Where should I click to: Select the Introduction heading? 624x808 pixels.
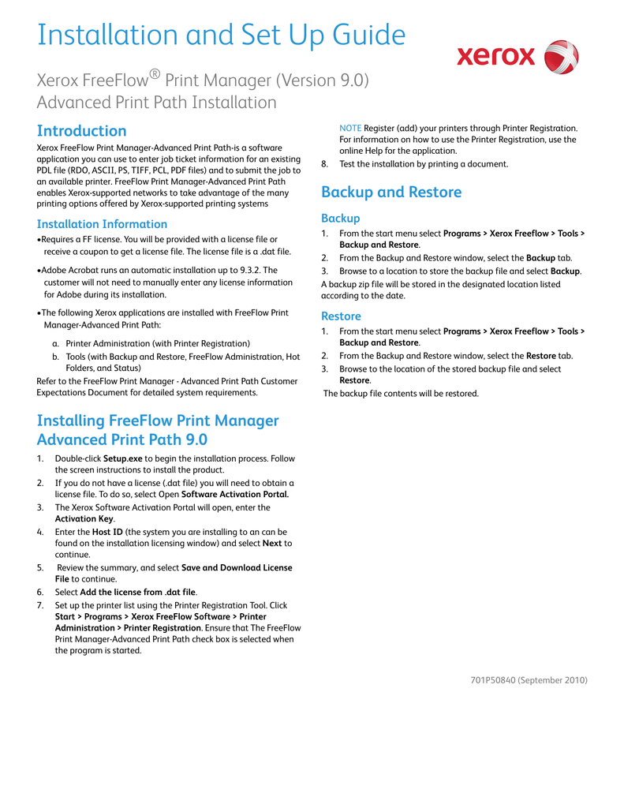(82, 131)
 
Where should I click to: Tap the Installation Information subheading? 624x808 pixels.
(102, 224)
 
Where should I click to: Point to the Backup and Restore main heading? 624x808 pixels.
(391, 193)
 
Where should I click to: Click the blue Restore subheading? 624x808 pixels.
(341, 316)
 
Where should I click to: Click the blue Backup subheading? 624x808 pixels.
(340, 219)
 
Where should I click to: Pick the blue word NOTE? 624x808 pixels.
(350, 128)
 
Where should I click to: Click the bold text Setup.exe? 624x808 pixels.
(123, 458)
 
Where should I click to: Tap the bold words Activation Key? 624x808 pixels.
(84, 519)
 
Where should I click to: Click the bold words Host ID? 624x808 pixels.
(106, 532)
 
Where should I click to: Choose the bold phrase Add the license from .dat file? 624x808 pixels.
(138, 592)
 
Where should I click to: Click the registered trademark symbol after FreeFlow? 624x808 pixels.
(155, 74)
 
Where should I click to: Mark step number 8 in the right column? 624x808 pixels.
(324, 164)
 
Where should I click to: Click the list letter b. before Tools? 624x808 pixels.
(55, 357)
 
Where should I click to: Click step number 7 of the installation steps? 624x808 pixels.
(40, 605)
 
